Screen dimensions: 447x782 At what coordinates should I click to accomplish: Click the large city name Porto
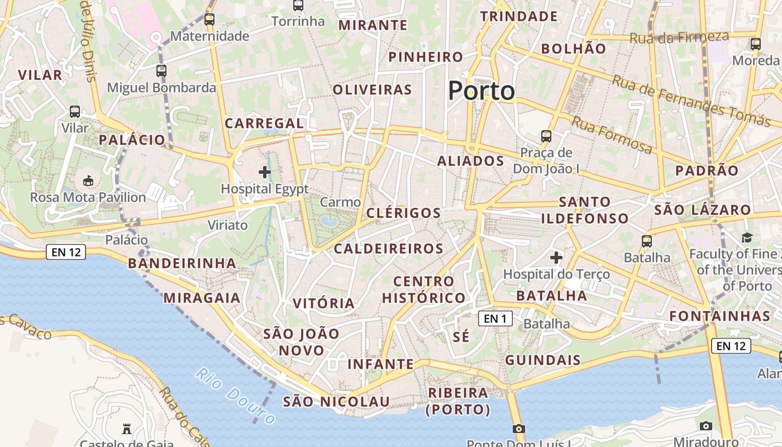pos(481,91)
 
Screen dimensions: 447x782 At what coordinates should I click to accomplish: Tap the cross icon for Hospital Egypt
pos(265,172)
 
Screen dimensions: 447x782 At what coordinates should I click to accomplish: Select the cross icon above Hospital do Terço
pos(556,258)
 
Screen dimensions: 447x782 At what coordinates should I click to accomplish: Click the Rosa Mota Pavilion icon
pos(88,180)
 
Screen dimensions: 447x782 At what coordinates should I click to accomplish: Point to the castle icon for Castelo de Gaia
pos(127,429)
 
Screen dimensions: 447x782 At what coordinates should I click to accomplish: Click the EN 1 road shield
pos(495,318)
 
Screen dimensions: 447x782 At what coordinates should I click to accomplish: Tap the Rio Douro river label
pos(236,395)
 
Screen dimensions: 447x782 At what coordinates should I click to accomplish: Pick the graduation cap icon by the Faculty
pos(747,238)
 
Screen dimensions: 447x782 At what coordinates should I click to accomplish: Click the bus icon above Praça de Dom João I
pos(546,136)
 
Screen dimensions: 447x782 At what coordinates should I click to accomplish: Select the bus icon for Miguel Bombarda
pos(161,71)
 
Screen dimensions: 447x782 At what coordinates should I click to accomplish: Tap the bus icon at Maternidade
pos(209,20)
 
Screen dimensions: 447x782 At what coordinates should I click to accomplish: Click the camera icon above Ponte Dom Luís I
pos(519,429)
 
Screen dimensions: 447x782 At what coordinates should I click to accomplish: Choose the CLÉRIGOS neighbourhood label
pos(404,213)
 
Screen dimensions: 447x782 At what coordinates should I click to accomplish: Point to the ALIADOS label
pos(470,161)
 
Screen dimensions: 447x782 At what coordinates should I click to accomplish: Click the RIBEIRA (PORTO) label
pos(458,401)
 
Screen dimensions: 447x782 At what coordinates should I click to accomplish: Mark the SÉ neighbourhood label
pos(461,337)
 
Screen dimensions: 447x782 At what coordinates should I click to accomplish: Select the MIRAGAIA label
pos(202,298)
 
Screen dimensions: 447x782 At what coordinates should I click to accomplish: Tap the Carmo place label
pos(341,202)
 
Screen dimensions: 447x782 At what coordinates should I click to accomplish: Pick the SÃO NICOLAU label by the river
pos(336,402)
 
